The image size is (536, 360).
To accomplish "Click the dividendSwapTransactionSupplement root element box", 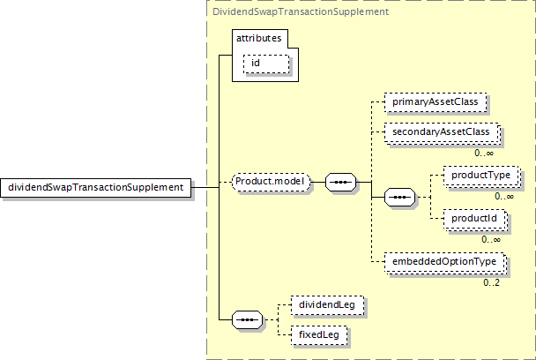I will [x=96, y=187].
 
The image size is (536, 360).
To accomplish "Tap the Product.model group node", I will [x=270, y=183].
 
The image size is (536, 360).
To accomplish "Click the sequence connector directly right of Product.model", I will [x=341, y=183].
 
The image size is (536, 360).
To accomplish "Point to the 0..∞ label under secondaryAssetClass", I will [x=483, y=152].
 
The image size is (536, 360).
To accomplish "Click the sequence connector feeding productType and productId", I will [x=401, y=196].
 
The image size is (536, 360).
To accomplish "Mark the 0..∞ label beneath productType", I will [x=503, y=196].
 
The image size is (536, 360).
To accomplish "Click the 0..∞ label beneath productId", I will [x=491, y=238].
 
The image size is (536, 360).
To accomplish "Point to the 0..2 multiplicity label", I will [x=491, y=281].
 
